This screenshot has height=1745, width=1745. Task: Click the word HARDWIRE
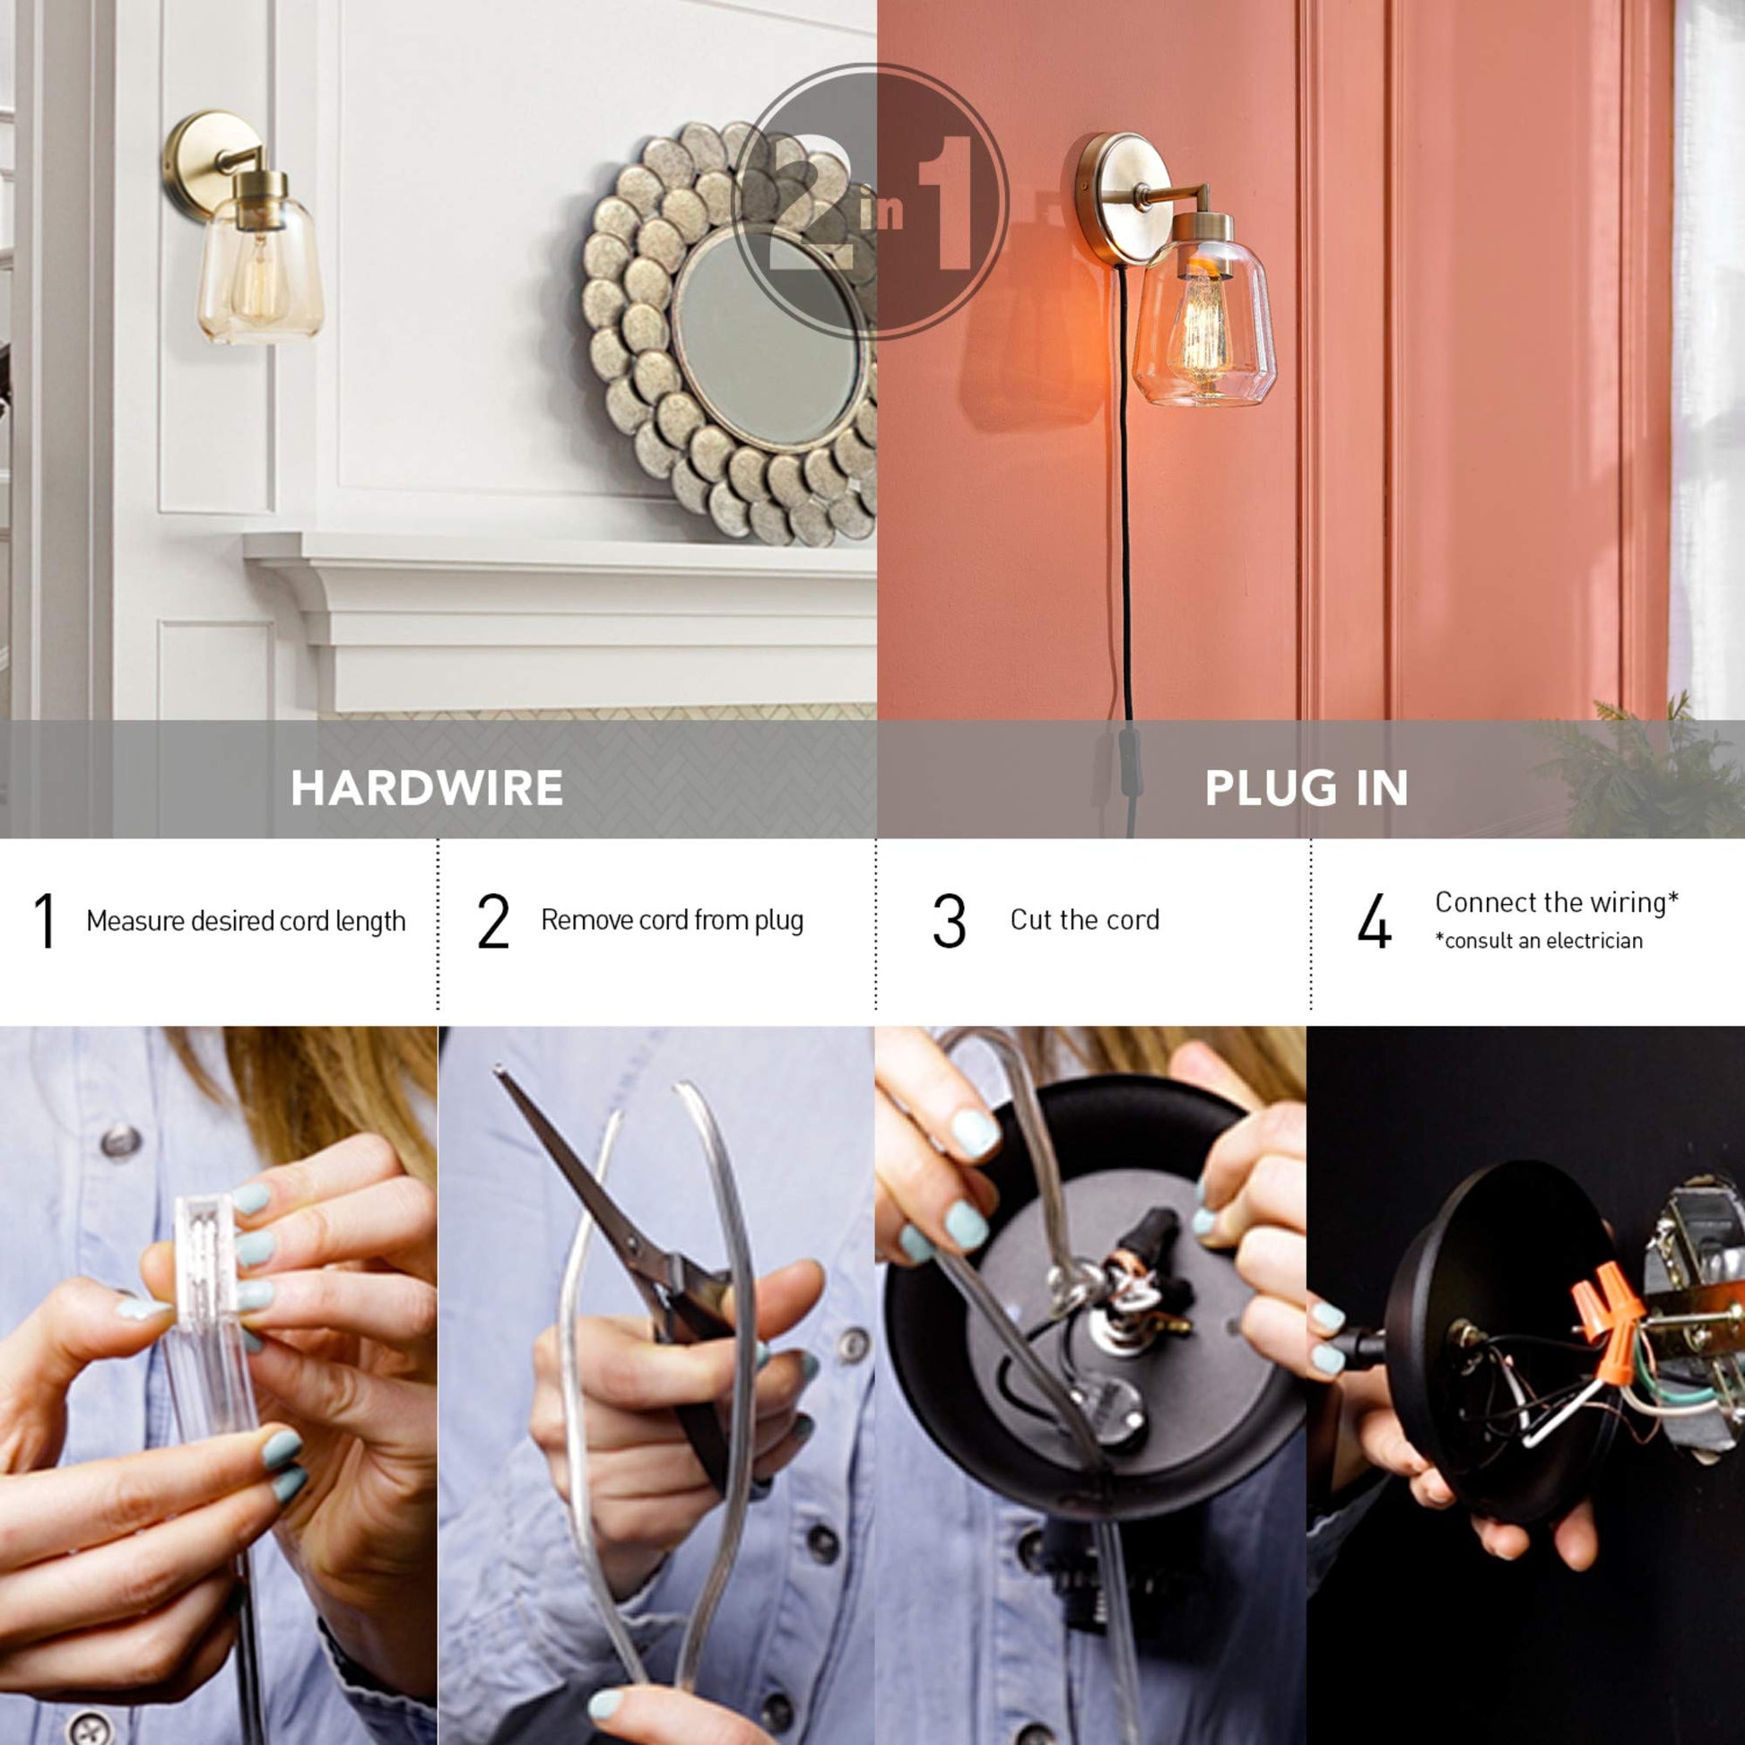click(x=427, y=787)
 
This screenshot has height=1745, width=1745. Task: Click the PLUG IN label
click(x=1306, y=787)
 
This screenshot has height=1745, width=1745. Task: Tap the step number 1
click(x=45, y=920)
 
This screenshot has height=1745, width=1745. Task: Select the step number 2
click(x=493, y=920)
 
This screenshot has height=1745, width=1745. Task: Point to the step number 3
click(x=950, y=920)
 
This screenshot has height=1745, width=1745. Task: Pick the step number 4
click(x=1374, y=920)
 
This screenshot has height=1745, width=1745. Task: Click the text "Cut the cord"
click(x=1085, y=919)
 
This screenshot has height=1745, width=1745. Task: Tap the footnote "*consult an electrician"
click(x=1539, y=941)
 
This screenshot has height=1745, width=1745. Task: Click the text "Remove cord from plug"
click(x=672, y=920)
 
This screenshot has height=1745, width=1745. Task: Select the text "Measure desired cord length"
click(x=246, y=921)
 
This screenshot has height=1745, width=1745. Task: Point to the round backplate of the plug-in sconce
click(x=1116, y=199)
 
